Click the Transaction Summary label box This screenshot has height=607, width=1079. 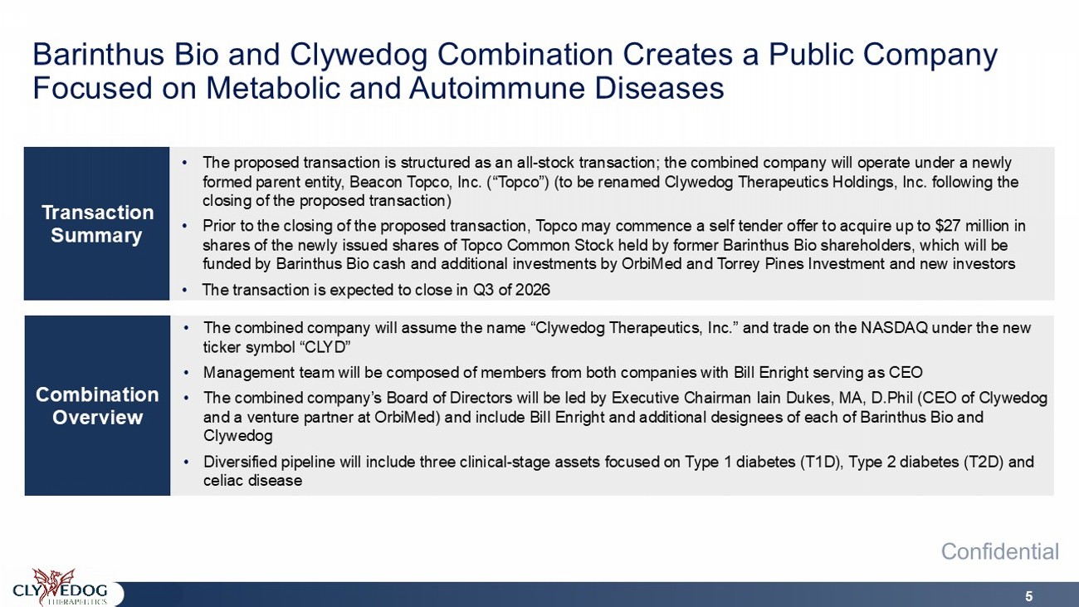[96, 223]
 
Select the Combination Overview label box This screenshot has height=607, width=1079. [97, 405]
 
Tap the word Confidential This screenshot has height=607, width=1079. [1000, 551]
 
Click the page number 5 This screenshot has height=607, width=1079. [1029, 596]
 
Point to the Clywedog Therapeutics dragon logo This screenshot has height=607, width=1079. [61, 587]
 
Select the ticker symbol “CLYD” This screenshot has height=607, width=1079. [329, 347]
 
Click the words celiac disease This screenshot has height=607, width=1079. [253, 480]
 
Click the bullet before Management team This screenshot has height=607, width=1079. [187, 373]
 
